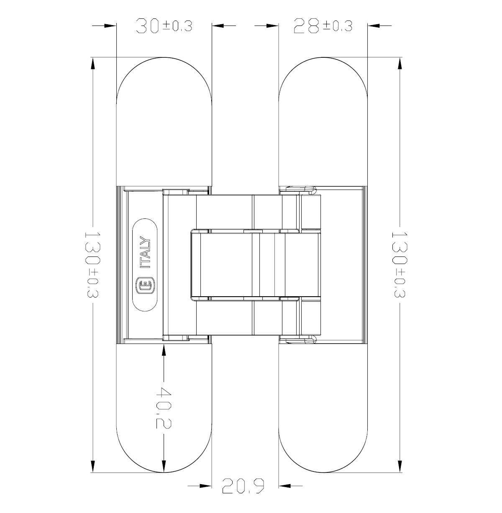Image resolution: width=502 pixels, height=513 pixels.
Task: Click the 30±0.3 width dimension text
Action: (x=164, y=26)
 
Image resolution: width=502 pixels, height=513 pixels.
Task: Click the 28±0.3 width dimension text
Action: (x=323, y=26)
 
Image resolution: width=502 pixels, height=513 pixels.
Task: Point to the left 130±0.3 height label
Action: (x=92, y=264)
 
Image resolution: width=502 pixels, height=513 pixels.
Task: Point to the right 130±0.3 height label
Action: (x=399, y=264)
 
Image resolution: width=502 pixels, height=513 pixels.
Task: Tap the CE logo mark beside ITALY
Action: (x=145, y=286)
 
